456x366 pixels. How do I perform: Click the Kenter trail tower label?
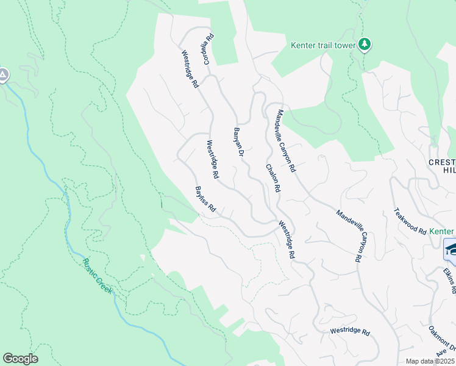tap(324, 45)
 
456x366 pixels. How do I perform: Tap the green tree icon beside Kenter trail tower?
tap(365, 44)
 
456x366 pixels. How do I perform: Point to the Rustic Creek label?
tap(98, 276)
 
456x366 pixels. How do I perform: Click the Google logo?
tap(20, 359)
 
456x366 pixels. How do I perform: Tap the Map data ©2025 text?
tap(429, 361)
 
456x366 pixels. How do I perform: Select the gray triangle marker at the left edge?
tap(3, 75)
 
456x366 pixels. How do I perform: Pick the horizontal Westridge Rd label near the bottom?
tap(350, 332)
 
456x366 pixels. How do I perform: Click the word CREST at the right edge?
tap(442, 162)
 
